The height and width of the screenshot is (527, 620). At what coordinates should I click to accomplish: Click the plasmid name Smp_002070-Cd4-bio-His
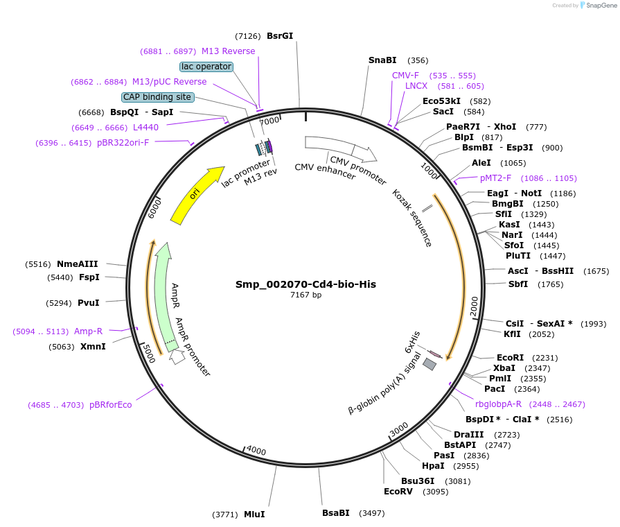click(305, 284)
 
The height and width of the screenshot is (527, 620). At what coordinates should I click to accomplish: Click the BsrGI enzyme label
click(280, 36)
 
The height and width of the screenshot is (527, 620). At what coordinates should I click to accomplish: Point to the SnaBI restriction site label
click(382, 60)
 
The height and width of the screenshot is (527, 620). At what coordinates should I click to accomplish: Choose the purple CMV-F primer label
click(405, 76)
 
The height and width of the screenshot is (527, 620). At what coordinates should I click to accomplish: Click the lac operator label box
click(206, 67)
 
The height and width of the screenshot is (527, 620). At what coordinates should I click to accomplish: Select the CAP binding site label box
click(157, 97)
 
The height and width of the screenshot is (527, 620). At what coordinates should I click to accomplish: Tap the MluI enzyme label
click(254, 515)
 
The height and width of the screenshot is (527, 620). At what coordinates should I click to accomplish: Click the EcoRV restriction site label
click(398, 492)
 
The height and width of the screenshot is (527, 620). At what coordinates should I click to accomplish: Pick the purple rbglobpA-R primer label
click(498, 404)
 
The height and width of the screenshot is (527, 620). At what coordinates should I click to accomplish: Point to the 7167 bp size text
click(305, 295)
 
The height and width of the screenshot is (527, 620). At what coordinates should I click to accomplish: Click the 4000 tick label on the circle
click(256, 451)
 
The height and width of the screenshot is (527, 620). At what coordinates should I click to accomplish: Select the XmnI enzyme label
click(93, 347)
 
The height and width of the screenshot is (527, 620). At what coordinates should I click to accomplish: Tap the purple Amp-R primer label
click(88, 331)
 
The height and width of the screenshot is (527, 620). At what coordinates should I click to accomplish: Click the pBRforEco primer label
click(110, 405)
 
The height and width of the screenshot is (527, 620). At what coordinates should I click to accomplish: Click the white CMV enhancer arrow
click(329, 144)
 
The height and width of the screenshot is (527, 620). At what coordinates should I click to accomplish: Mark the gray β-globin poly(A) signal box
click(430, 363)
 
